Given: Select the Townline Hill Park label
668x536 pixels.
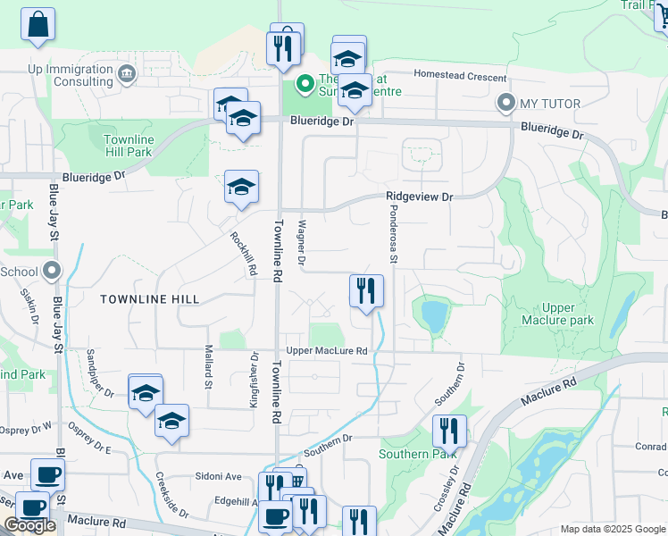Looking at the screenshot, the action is point(129,147).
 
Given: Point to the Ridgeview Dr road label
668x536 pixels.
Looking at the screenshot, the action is point(420,197).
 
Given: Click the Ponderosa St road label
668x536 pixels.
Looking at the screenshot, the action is point(392,234).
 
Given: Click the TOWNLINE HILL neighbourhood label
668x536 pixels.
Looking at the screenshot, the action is point(149,298).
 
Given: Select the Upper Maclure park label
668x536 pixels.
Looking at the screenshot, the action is point(558,314).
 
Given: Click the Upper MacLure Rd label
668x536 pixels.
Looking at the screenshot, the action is point(327,351).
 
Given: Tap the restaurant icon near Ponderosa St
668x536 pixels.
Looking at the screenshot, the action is point(365,291).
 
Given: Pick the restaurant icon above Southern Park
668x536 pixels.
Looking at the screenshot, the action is point(449,431).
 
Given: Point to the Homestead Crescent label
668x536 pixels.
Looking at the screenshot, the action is point(459,77).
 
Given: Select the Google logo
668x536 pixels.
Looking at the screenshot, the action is point(29,525).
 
